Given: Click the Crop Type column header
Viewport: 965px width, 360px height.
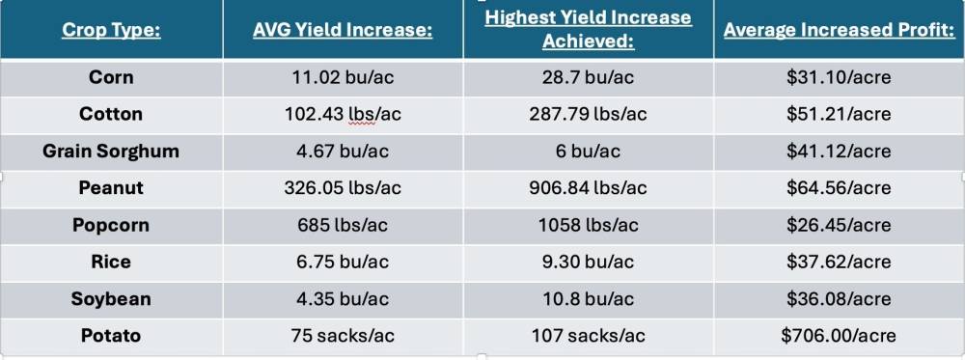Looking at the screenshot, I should (111, 30).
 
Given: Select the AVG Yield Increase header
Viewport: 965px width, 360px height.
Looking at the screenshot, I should (343, 30).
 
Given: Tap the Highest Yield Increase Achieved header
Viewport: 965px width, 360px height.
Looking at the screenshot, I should (588, 30).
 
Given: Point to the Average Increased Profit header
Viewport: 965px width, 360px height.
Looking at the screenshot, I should (839, 30).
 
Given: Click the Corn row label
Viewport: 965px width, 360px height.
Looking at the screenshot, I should (111, 77).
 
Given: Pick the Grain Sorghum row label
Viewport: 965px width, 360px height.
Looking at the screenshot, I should (111, 152).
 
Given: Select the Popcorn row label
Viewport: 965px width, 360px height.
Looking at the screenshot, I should (111, 225).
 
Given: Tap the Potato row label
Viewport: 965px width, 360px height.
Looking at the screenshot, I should (111, 336).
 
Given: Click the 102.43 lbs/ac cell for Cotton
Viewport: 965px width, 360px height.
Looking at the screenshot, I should (343, 114).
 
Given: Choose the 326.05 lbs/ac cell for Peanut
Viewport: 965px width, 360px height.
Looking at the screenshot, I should (343, 188).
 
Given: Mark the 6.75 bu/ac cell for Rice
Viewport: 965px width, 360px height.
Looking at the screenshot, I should (343, 263).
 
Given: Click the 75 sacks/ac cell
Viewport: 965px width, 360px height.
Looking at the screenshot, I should (343, 336).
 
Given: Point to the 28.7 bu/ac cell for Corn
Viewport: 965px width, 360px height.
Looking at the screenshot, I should (588, 77).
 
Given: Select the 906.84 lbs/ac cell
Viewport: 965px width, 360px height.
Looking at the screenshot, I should (588, 188).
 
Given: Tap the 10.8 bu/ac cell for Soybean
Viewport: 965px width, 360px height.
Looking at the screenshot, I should (588, 299).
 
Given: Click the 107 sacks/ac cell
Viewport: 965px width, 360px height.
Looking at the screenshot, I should (588, 336).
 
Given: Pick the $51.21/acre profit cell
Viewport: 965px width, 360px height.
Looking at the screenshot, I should (839, 114).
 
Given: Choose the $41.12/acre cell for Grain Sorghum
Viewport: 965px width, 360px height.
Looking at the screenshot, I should (839, 152).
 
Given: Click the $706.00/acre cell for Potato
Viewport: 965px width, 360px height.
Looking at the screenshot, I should (839, 336).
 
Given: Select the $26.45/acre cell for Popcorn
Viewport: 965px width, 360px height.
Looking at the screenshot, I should (839, 225).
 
